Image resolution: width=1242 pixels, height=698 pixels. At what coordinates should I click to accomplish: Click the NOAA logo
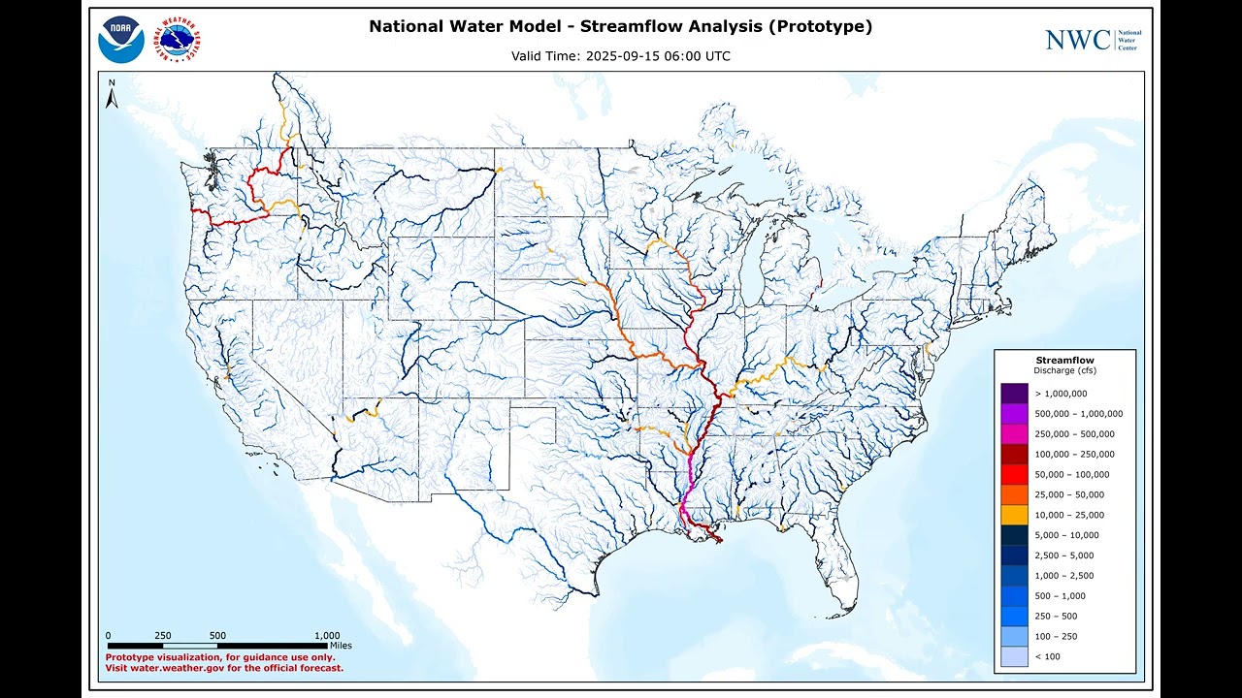tap(121, 40)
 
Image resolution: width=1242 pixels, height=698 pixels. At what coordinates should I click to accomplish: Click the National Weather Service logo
tap(180, 40)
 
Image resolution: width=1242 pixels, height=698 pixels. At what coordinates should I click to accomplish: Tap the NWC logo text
tap(1077, 40)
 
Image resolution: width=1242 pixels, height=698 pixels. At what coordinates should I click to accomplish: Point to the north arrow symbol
tap(113, 94)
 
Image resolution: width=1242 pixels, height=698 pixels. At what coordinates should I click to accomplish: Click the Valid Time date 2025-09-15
tap(620, 56)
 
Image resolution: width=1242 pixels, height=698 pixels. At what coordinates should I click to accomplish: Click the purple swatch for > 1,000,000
tap(1014, 394)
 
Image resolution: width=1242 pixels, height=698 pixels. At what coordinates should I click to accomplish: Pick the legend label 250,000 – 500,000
tap(1074, 434)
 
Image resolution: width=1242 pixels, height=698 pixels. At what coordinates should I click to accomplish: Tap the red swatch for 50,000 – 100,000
tap(1014, 475)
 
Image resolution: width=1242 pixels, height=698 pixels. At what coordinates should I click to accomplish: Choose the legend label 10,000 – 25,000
tap(1069, 515)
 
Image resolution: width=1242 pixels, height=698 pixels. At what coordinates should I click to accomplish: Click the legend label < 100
tap(1047, 656)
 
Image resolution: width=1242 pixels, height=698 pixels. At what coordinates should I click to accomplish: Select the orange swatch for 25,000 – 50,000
tap(1014, 494)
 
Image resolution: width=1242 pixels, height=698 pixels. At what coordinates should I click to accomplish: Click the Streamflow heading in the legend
tap(1064, 361)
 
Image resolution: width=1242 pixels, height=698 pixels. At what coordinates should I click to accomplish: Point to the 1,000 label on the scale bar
tap(327, 636)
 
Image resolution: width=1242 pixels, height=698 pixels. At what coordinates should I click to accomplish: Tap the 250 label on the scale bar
tap(163, 636)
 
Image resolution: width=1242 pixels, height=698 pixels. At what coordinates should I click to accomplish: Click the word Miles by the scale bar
tap(341, 645)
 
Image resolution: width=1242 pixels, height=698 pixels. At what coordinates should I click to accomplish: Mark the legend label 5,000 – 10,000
tap(1066, 535)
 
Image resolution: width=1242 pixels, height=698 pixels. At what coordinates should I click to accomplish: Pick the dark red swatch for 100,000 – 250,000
tap(1014, 455)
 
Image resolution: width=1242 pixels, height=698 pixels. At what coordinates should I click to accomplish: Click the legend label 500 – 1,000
tap(1060, 596)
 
